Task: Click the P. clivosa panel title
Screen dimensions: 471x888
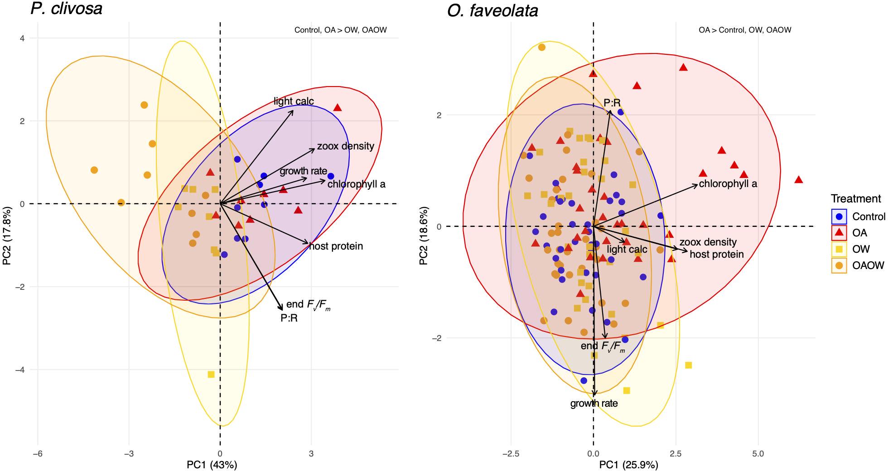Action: click(67, 9)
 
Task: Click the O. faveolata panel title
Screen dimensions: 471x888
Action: click(492, 10)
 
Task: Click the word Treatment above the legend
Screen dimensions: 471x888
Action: click(856, 199)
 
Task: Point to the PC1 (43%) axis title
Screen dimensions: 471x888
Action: click(212, 465)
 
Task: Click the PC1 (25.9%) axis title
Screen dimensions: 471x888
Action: click(628, 465)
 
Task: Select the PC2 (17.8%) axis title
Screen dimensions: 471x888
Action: click(7, 236)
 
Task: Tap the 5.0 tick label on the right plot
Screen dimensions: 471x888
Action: click(758, 453)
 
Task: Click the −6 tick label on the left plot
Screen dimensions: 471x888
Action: click(38, 453)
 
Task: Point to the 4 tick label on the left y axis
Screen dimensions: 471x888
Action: click(22, 38)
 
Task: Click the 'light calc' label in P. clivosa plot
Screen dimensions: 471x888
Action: click(294, 101)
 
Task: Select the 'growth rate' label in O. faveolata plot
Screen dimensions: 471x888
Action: click(594, 403)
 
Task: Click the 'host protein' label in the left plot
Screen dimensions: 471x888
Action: click(336, 246)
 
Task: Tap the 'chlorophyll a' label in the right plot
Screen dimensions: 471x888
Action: click(728, 183)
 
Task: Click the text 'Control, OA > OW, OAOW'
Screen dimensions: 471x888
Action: click(340, 30)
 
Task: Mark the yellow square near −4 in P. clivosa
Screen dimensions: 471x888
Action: click(211, 375)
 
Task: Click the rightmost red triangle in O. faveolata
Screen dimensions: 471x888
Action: click(798, 180)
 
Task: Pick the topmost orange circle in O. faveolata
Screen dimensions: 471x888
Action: click(541, 47)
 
